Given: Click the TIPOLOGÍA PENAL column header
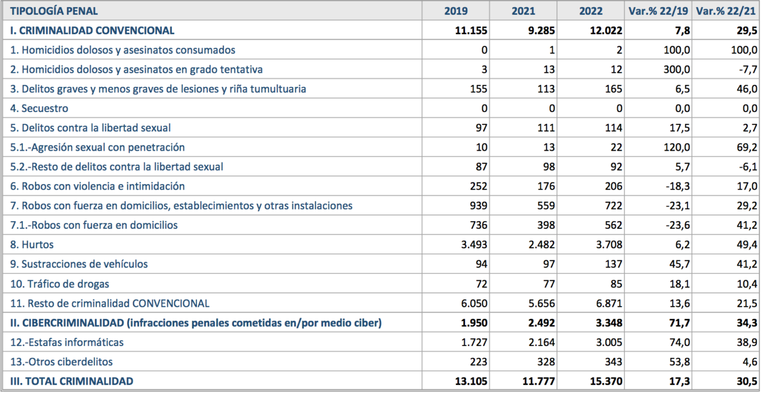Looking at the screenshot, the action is pos(54,11).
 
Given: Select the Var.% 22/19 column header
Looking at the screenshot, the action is pos(658,11).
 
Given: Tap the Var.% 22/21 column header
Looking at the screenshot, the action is pos(726,11).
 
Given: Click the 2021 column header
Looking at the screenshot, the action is pos(523,11).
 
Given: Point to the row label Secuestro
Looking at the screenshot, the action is pos(39,109).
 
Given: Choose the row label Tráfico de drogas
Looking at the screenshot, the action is pos(60,284).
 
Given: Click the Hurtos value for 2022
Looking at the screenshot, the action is pos(609,245).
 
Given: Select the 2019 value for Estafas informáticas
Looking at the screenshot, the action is pos(474,342).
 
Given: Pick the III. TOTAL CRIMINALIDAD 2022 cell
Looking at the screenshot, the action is pos(606,381).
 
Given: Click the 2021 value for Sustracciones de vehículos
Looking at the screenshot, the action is pos(549,264).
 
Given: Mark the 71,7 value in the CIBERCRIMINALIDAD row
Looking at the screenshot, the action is pos(680,323).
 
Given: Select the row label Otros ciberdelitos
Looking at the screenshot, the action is pos(61,362).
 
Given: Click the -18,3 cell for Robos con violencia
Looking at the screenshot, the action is pos(679,187).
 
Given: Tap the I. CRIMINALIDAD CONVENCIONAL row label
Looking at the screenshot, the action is pos(92,31).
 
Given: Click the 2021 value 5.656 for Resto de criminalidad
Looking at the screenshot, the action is pos(542,303).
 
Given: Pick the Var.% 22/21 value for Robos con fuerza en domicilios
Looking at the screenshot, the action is pos(747,225).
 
